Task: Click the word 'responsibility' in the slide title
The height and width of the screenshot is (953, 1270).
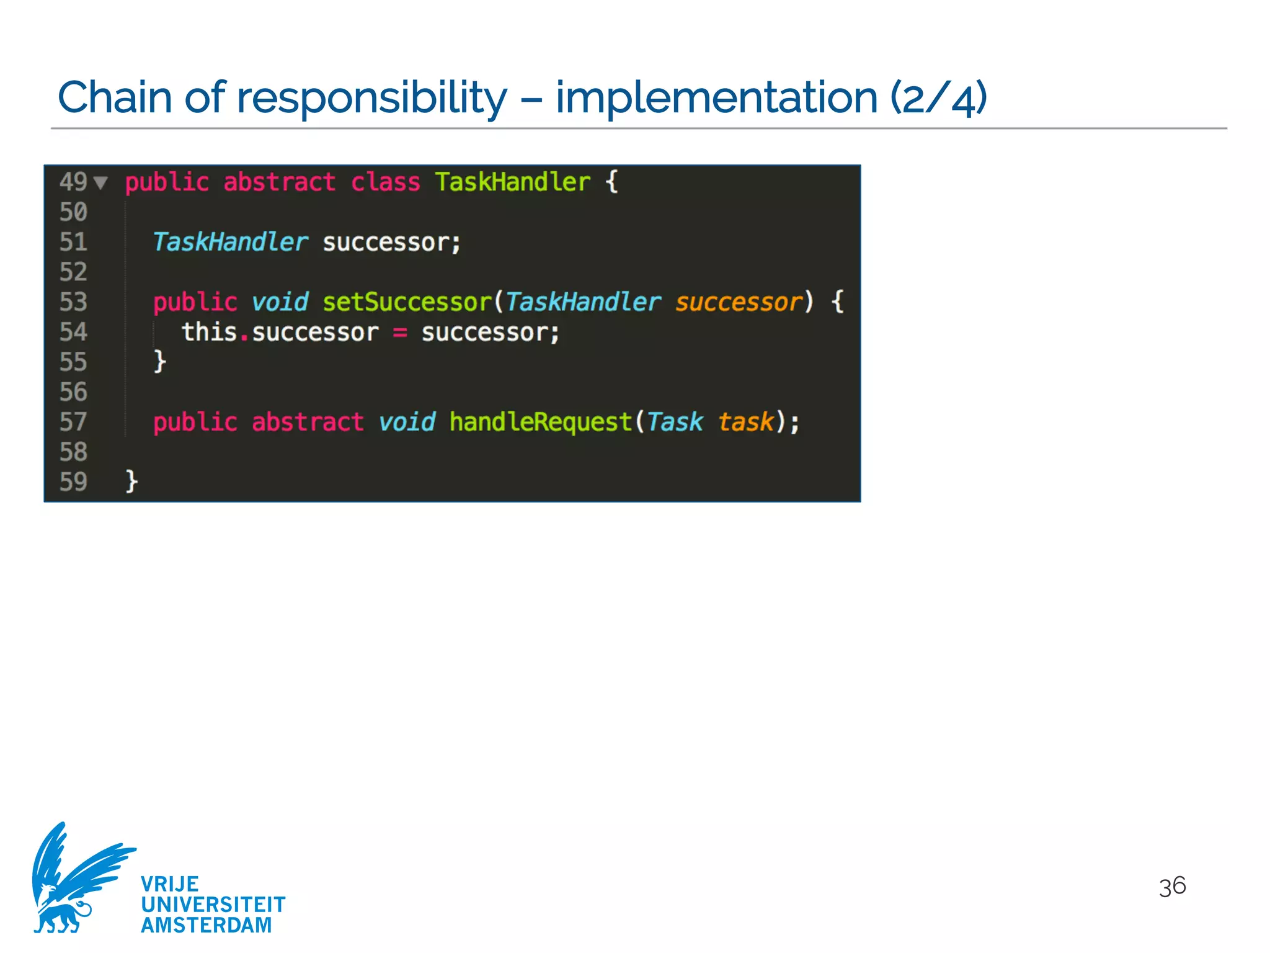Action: [x=371, y=98]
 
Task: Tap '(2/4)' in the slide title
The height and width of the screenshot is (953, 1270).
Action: [x=938, y=98]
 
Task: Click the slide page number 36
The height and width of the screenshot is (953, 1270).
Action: [x=1172, y=887]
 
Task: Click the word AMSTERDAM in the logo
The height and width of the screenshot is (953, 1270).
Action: [x=206, y=925]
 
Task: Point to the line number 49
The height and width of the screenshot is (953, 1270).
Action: [x=73, y=182]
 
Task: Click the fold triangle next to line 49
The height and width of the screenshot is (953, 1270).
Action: [x=100, y=182]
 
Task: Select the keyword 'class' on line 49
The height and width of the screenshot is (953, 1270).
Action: [x=385, y=182]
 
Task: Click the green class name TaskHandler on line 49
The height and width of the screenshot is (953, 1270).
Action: [x=512, y=182]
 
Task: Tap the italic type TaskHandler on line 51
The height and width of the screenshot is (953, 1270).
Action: [x=230, y=242]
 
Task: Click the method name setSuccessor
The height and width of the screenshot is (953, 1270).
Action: [x=407, y=302]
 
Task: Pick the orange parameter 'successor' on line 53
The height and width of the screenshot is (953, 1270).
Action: [x=739, y=302]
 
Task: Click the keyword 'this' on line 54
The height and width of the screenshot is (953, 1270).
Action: [x=209, y=332]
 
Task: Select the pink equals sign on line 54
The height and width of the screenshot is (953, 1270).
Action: [x=400, y=333]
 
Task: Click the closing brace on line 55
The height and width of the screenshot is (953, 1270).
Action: [x=160, y=362]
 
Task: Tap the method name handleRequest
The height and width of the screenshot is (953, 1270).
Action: [x=540, y=422]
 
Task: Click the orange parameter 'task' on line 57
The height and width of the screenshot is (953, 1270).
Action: [x=746, y=422]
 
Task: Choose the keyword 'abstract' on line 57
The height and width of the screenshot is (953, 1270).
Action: [x=307, y=422]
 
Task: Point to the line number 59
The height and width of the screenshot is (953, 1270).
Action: [x=73, y=482]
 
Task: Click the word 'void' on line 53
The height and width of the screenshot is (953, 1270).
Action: [x=280, y=302]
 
